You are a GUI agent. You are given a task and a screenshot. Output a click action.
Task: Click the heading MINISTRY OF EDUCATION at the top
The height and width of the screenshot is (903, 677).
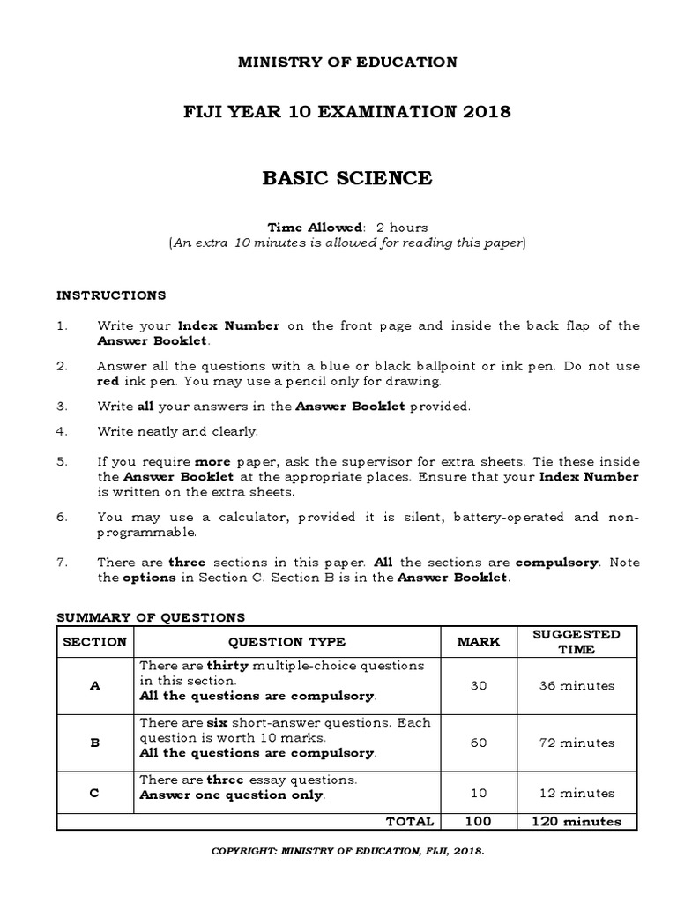(347, 62)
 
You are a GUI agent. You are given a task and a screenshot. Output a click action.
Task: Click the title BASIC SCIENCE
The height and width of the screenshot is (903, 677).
(347, 178)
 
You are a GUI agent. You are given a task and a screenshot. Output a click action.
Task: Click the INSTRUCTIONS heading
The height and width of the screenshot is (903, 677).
(111, 295)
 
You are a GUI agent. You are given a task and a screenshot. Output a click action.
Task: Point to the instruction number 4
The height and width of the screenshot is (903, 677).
(62, 431)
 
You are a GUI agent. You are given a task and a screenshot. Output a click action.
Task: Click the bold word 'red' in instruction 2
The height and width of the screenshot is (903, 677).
(108, 382)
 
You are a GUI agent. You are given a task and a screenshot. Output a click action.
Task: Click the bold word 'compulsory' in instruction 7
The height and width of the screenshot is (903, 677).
(557, 563)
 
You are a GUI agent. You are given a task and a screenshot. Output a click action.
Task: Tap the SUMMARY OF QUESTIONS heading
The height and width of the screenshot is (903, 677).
(151, 617)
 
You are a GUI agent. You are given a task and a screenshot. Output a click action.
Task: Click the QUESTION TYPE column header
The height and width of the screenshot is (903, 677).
(286, 642)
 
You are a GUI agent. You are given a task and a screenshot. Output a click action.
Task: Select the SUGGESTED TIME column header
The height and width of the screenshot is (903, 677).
(577, 642)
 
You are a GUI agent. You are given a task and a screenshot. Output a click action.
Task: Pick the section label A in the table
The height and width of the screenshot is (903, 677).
(94, 685)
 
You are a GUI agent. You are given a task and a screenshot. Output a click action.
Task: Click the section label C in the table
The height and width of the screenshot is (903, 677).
(94, 794)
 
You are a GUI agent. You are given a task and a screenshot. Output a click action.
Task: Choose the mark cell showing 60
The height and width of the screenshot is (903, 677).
(479, 743)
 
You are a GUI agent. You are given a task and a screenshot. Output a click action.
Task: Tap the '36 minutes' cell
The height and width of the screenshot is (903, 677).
(577, 685)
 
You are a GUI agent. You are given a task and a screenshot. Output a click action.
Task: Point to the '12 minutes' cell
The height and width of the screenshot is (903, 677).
(577, 794)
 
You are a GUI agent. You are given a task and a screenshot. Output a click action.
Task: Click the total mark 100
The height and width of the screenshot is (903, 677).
(479, 821)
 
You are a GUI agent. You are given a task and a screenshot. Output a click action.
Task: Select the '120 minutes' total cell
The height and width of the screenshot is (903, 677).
(577, 821)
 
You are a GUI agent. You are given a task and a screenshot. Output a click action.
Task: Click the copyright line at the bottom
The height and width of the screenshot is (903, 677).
(347, 853)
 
